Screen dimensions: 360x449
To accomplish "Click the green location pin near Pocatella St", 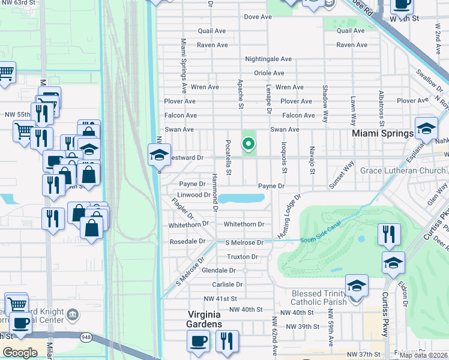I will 247,144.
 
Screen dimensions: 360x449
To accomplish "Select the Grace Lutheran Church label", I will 403,171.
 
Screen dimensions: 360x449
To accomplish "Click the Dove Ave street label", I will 258,17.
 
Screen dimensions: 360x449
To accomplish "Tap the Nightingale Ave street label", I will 268,59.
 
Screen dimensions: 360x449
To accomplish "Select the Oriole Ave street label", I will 269,73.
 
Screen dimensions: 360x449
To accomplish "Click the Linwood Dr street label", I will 194,195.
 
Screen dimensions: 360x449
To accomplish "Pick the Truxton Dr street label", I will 242,257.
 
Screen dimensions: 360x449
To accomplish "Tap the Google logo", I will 20,353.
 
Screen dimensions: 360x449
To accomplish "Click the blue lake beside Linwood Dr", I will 241,198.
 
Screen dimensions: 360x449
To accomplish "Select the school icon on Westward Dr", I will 159,155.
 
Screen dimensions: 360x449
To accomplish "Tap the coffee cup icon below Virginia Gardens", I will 198,341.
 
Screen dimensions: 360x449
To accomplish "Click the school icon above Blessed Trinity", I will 393,263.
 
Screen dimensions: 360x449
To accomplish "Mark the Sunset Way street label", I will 342,175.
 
